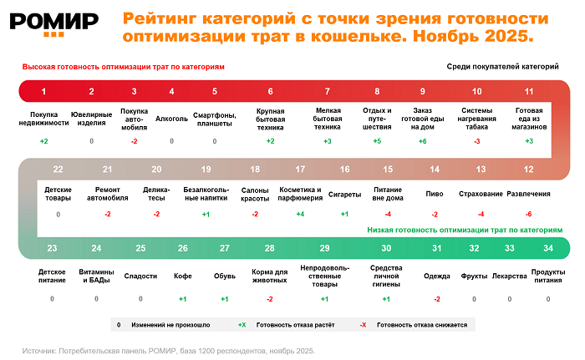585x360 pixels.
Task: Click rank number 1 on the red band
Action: [43, 91]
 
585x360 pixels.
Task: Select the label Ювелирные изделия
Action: [92, 117]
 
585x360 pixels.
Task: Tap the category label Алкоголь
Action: [172, 118]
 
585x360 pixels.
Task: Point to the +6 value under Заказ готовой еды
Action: [423, 141]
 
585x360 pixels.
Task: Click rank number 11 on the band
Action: [529, 91]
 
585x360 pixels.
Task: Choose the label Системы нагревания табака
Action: [477, 118]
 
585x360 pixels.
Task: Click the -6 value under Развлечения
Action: [528, 215]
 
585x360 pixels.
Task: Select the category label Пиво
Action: [435, 194]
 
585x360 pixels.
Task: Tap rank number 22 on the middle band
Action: [58, 169]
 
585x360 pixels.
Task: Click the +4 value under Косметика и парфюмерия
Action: [300, 215]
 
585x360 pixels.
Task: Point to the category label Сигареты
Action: [344, 194]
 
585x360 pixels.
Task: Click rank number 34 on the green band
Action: [547, 248]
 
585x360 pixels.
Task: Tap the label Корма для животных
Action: [269, 276]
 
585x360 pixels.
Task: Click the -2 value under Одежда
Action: [437, 298]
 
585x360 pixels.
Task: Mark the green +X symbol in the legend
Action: [242, 323]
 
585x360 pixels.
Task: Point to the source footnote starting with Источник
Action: [168, 351]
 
